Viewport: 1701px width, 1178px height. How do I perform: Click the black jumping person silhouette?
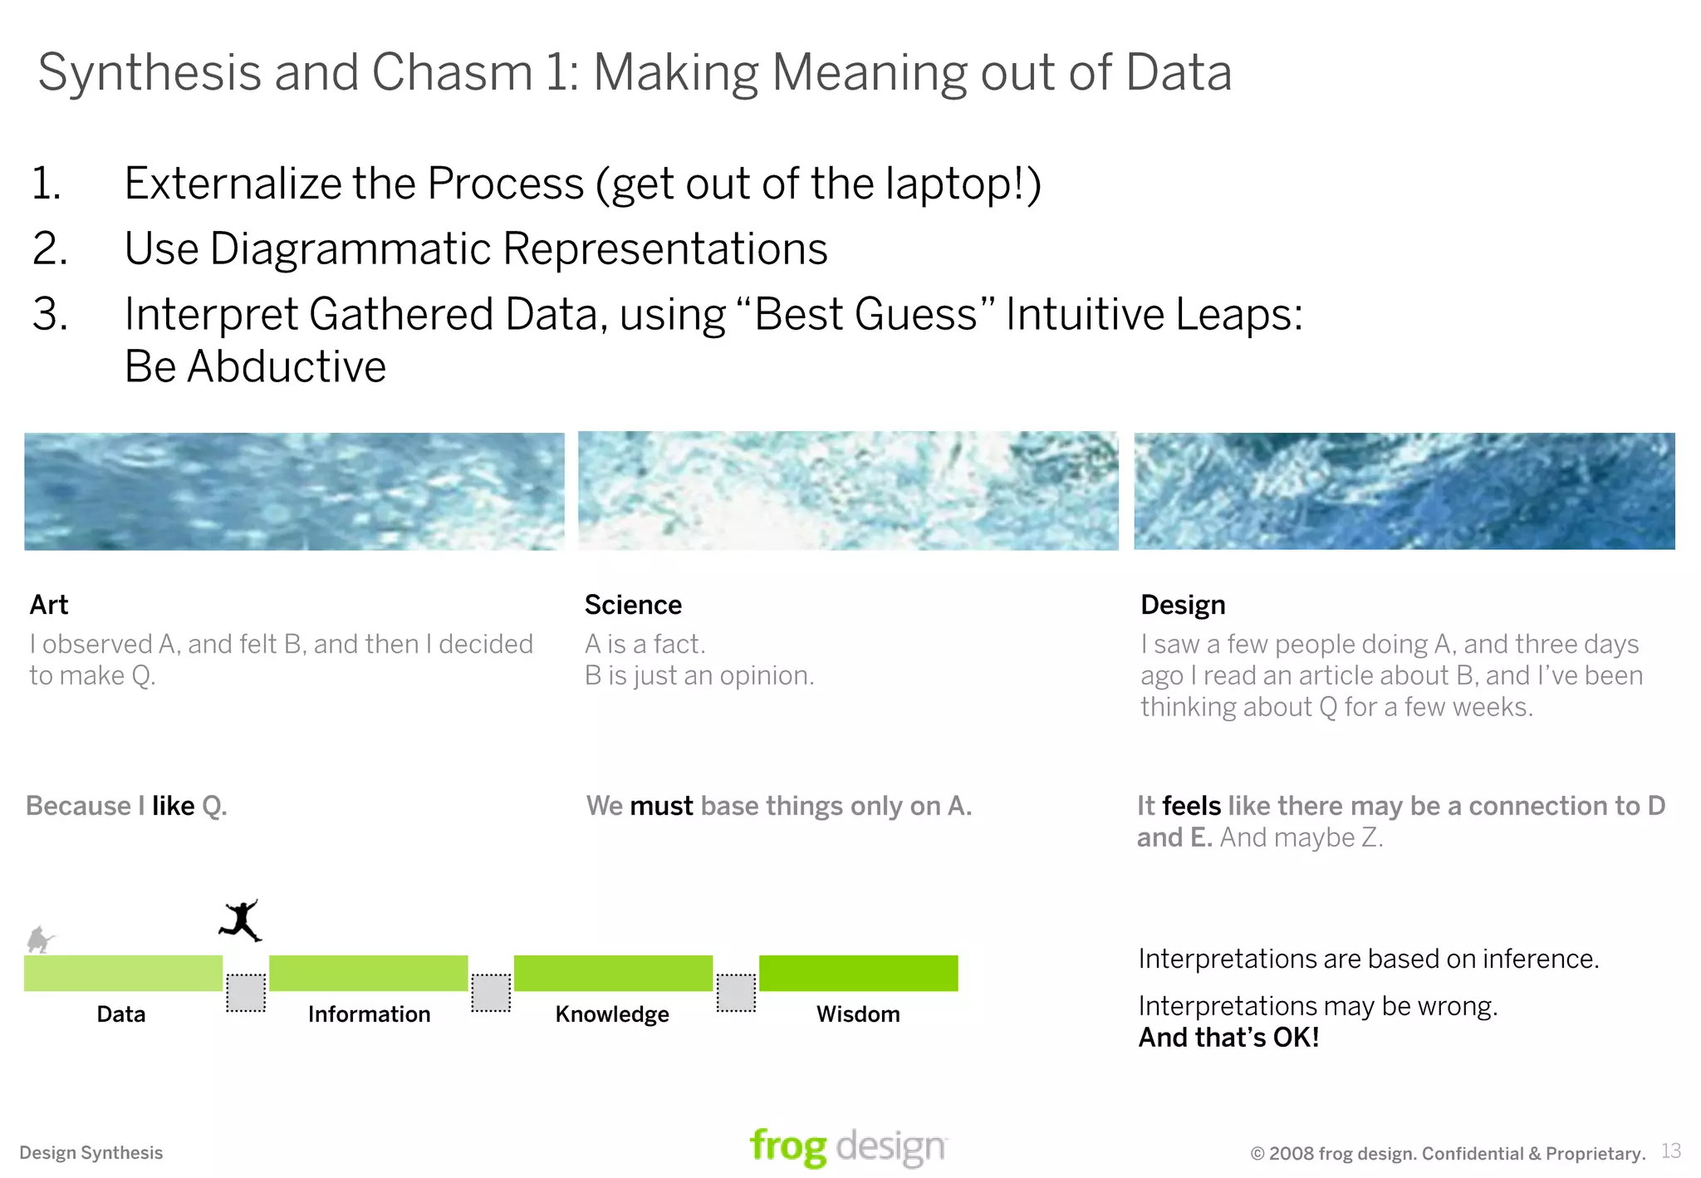(241, 920)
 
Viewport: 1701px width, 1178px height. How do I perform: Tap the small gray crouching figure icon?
(38, 940)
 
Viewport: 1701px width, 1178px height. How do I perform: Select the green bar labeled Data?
(123, 973)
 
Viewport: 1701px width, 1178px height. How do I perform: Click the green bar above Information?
(368, 973)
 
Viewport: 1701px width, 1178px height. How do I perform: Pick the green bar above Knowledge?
(613, 973)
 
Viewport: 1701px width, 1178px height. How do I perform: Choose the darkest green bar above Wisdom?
(858, 973)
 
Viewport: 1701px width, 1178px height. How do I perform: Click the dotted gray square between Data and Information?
(246, 993)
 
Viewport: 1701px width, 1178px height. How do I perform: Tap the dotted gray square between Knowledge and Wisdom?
(736, 993)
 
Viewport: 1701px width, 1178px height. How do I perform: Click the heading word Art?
(49, 605)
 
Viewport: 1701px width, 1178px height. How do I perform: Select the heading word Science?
(633, 605)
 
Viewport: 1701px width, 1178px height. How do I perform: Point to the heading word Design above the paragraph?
(1183, 605)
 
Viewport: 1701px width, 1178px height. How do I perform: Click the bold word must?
(661, 806)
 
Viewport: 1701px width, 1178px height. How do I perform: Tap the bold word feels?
(1191, 806)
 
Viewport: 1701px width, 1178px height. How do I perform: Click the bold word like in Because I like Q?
(173, 806)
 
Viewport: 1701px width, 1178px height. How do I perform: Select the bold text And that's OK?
(1228, 1038)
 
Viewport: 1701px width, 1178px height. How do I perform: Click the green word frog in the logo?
(787, 1147)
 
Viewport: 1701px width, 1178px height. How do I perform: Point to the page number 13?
(1671, 1151)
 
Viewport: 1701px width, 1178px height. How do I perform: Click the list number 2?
(49, 248)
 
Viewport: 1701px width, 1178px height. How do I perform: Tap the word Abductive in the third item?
(287, 366)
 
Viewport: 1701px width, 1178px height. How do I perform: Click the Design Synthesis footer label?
(91, 1153)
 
